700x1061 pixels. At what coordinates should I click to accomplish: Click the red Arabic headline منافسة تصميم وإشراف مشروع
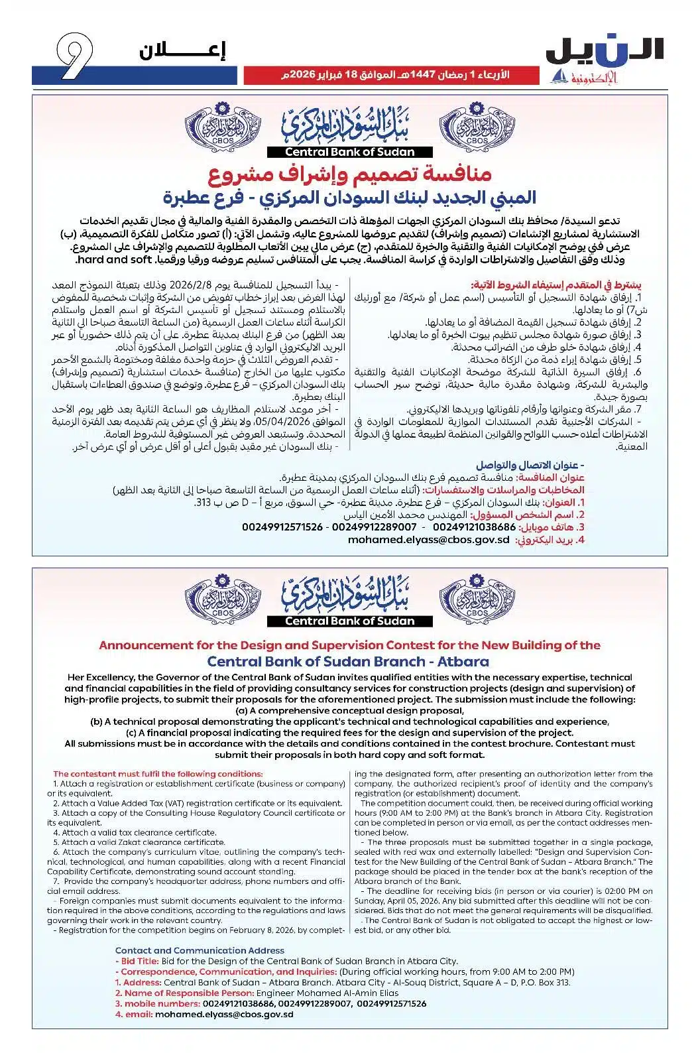point(349,176)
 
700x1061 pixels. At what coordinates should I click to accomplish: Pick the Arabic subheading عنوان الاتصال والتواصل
point(530,466)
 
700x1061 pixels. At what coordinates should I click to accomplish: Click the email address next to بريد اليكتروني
point(429,540)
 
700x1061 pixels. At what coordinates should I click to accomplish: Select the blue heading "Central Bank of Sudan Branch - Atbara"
point(348,661)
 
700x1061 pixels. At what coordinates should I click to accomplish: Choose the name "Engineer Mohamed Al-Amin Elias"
point(327,993)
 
